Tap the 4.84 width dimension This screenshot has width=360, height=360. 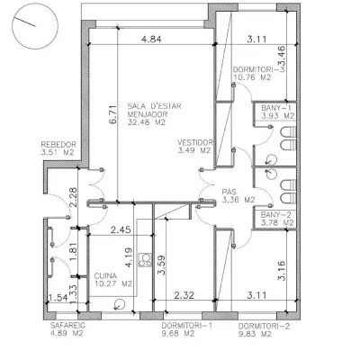point(151,40)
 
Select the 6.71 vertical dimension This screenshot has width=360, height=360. point(112,114)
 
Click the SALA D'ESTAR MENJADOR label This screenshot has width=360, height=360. point(155,114)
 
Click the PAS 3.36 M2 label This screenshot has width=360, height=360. point(238,195)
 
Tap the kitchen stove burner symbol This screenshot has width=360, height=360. point(146,260)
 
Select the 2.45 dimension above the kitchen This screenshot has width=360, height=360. point(121,230)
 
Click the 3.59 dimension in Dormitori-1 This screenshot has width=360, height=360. point(161,265)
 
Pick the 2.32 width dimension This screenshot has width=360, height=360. point(184,295)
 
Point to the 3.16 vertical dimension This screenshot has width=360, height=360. point(282,270)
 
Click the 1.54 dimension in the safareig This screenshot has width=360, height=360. point(58,298)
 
